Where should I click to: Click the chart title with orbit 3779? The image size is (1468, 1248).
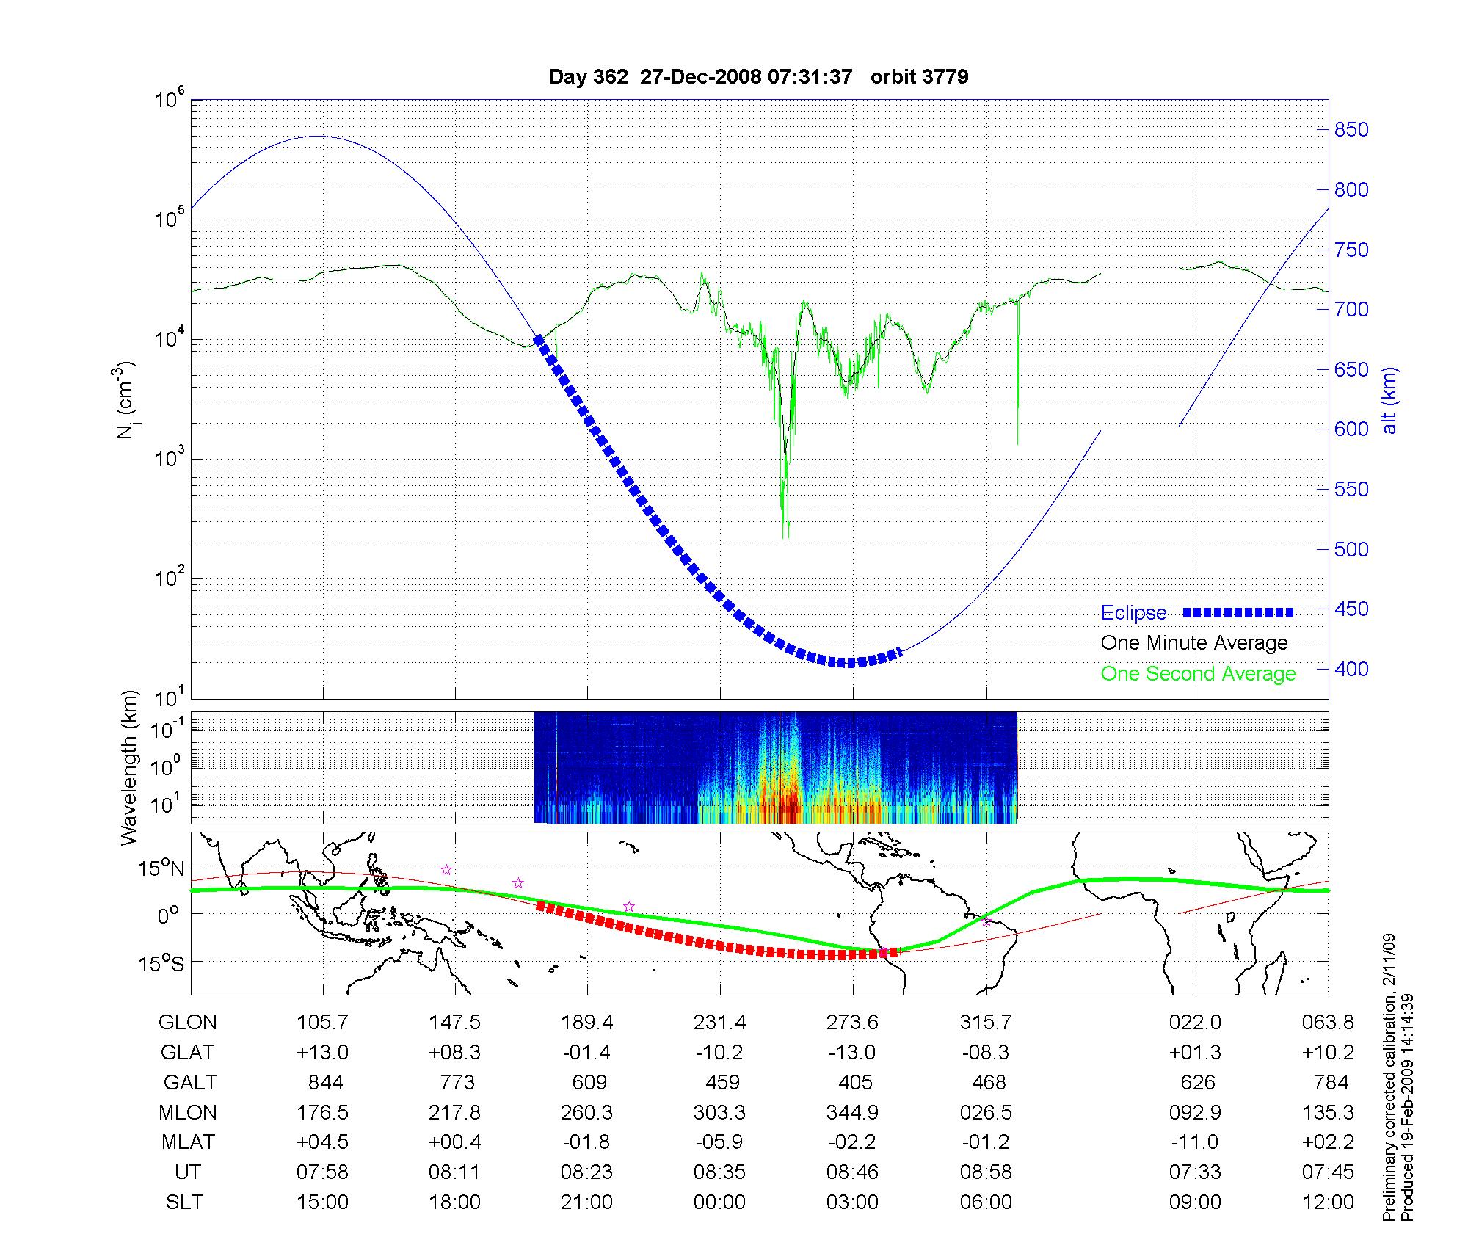(x=758, y=77)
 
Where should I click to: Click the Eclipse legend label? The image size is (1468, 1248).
(x=1133, y=613)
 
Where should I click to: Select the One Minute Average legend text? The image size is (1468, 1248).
(x=1194, y=643)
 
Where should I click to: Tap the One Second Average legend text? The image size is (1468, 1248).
(x=1198, y=674)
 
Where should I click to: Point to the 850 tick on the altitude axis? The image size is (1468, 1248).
(x=1351, y=130)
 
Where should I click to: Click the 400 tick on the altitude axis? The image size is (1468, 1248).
(x=1351, y=669)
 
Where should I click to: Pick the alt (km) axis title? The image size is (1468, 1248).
(x=1390, y=400)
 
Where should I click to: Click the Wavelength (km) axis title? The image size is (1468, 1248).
(x=130, y=768)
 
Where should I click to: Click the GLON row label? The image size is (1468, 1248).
(x=188, y=1023)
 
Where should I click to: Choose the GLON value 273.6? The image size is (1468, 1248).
(x=852, y=1023)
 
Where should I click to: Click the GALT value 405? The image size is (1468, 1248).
(x=855, y=1082)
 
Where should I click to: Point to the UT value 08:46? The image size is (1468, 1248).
(x=852, y=1172)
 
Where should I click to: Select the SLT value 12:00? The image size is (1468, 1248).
(x=1328, y=1202)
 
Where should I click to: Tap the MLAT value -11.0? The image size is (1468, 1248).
(x=1195, y=1142)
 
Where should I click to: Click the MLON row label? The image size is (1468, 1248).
(x=188, y=1112)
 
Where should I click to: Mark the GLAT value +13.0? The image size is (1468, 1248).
(x=322, y=1053)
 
